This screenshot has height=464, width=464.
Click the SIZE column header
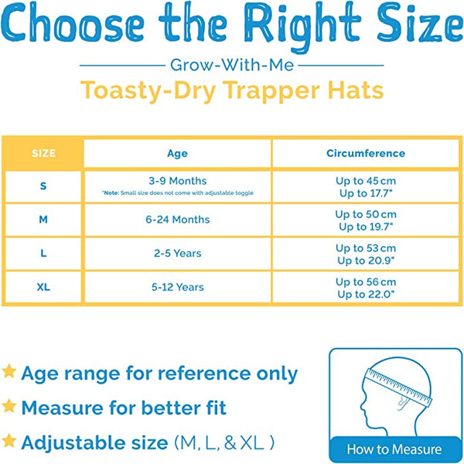(43, 153)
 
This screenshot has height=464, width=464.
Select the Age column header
(177, 154)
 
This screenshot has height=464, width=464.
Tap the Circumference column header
(366, 153)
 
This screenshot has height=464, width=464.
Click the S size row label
(43, 186)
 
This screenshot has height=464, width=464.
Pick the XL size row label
(43, 287)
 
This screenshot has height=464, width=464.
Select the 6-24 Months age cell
(178, 220)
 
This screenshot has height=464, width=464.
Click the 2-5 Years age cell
(178, 254)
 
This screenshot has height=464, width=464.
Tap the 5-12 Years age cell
(178, 287)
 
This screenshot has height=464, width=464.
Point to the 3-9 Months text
(178, 181)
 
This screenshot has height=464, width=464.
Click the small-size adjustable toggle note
(178, 193)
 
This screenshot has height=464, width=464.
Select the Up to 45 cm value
(366, 181)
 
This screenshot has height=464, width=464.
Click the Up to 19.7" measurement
(366, 227)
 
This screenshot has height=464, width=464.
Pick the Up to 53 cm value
(366, 248)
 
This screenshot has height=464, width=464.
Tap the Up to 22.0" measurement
(366, 295)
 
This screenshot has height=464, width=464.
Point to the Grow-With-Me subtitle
(232, 65)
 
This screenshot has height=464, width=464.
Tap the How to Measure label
(394, 449)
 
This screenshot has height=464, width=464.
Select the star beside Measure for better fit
(9, 406)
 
